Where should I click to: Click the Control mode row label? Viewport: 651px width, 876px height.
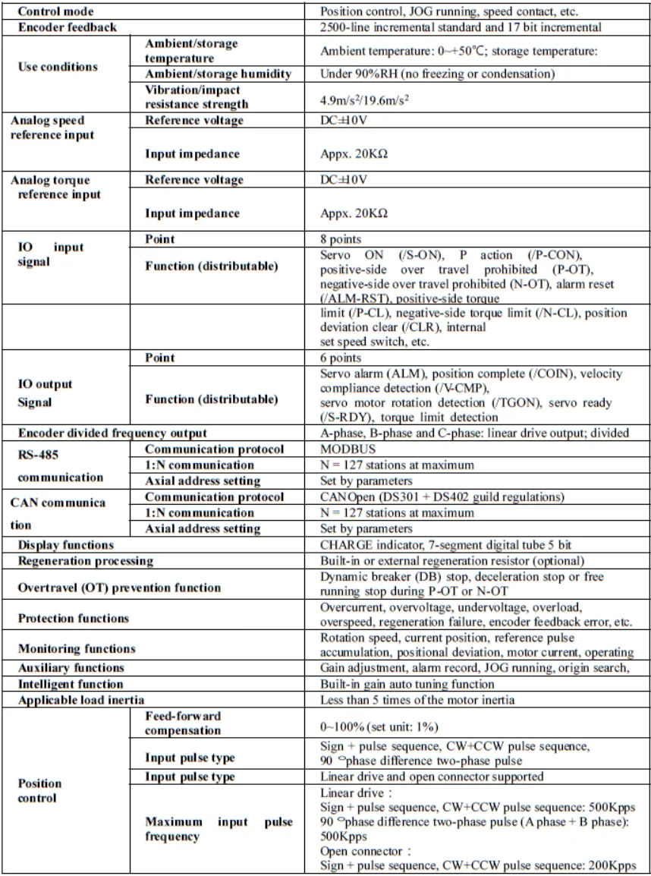pyautogui.click(x=51, y=13)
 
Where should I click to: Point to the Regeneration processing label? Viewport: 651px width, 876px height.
pyautogui.click(x=85, y=561)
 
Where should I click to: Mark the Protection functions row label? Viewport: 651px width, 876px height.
pyautogui.click(x=74, y=618)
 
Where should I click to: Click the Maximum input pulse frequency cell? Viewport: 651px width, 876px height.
pyautogui.click(x=218, y=832)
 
